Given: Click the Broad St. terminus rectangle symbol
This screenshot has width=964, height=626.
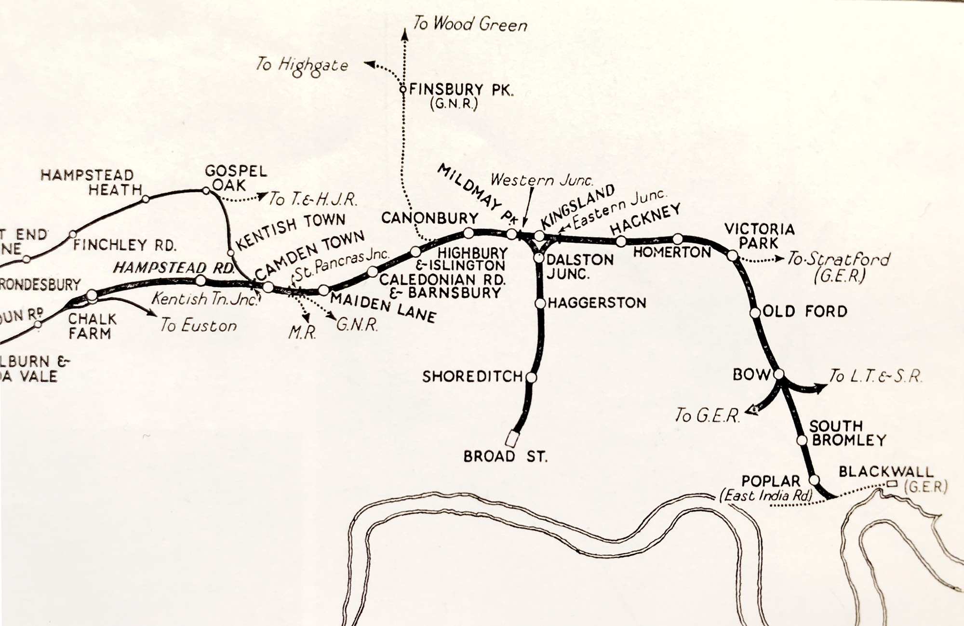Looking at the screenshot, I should click(x=512, y=439).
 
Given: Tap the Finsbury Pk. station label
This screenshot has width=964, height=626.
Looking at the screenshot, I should click(x=461, y=90).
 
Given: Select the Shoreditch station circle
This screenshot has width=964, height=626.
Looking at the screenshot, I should click(x=531, y=377).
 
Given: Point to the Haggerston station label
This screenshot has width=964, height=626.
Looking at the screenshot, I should click(x=597, y=303).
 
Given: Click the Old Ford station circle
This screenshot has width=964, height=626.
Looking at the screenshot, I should click(x=755, y=312).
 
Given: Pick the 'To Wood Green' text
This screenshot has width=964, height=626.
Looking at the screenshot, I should click(x=470, y=24).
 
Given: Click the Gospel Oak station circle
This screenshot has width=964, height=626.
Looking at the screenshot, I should click(x=206, y=191).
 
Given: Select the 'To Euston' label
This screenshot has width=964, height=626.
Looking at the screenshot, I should click(x=199, y=326).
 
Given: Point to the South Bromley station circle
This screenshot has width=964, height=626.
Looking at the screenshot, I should click(x=802, y=440).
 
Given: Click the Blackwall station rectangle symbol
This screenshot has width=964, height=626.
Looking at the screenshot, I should click(x=893, y=483).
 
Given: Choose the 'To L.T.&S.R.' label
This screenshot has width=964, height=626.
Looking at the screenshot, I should click(x=875, y=376).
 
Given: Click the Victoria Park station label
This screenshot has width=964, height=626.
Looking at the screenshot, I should click(x=759, y=236).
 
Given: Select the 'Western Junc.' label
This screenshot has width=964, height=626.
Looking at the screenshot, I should click(x=542, y=180).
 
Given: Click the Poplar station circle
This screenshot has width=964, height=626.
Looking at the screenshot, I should click(x=814, y=480).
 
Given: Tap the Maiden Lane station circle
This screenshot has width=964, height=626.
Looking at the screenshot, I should click(x=324, y=290).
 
